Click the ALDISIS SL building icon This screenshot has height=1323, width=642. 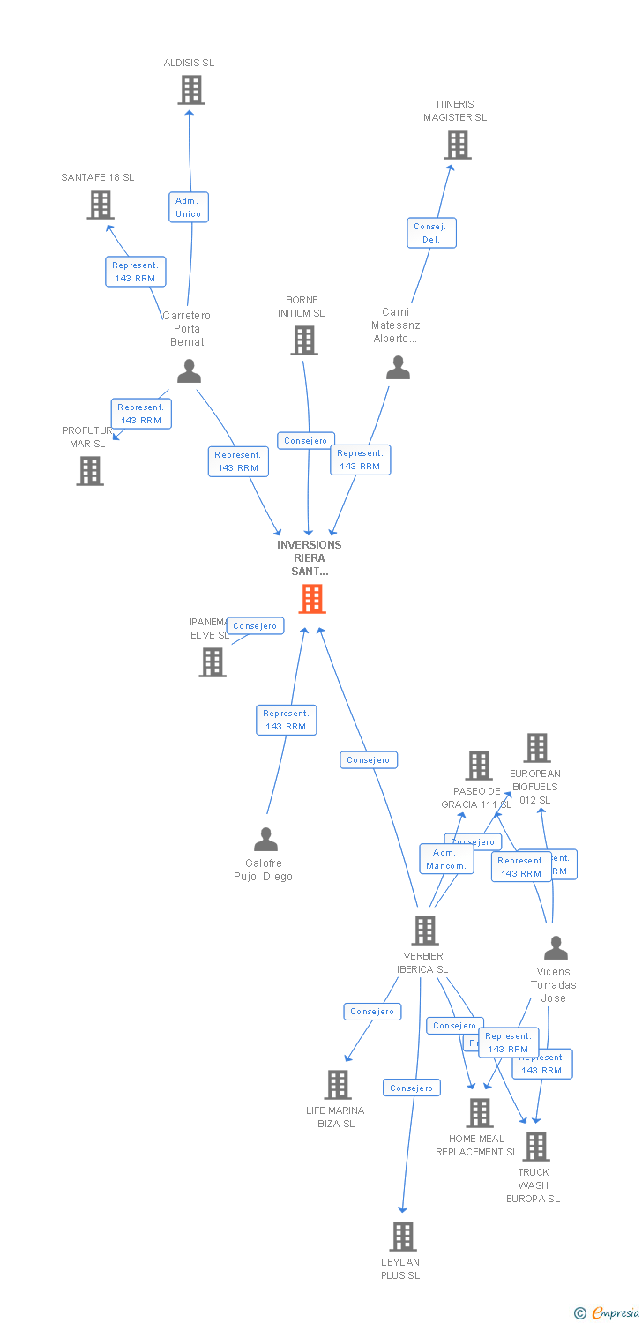(x=190, y=90)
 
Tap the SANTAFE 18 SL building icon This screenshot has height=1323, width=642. (x=101, y=205)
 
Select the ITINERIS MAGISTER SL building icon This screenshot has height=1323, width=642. (x=457, y=145)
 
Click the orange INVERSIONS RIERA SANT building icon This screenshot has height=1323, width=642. (x=311, y=599)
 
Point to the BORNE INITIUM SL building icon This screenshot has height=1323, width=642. (x=304, y=340)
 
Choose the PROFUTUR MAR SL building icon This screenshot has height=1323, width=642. (x=89, y=471)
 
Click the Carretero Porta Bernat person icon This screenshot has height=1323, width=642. (x=189, y=371)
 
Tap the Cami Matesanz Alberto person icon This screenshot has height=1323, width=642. (x=398, y=368)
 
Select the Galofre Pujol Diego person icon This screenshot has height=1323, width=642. (x=265, y=839)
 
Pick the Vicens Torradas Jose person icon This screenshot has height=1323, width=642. (x=556, y=948)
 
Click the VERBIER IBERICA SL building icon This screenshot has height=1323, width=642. (x=425, y=931)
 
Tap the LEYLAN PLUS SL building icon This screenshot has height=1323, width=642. (x=402, y=1237)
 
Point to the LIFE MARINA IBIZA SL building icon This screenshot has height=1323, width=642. (x=338, y=1085)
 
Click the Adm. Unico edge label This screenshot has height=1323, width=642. (x=189, y=207)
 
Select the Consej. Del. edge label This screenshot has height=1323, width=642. (x=431, y=233)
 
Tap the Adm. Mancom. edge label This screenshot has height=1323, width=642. (x=446, y=859)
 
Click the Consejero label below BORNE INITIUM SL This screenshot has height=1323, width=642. (x=306, y=440)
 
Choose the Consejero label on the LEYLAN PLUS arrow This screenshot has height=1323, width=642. (x=411, y=1088)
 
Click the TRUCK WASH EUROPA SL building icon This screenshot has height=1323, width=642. (x=535, y=1147)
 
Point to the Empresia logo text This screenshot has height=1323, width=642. (x=614, y=1313)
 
